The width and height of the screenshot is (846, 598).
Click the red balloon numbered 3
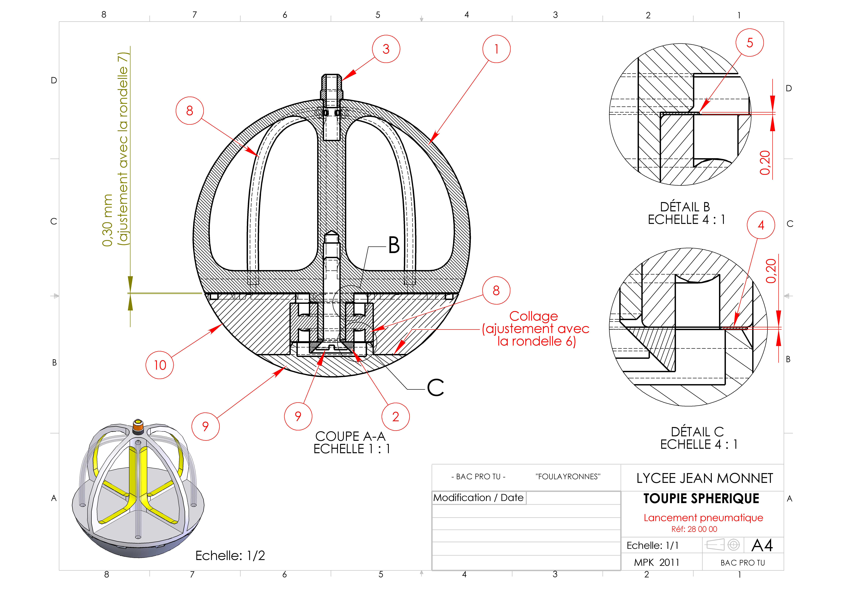[x=386, y=49]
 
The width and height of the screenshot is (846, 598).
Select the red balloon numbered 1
[x=496, y=49]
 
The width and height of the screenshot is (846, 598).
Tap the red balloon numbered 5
[x=750, y=43]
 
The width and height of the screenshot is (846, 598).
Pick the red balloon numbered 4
[x=761, y=225]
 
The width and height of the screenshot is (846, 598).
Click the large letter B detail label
[x=394, y=245]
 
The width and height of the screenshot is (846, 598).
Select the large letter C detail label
[x=435, y=387]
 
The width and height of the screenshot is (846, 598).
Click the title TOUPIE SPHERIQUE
[x=701, y=499]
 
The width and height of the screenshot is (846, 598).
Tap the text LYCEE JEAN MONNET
[x=705, y=478]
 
